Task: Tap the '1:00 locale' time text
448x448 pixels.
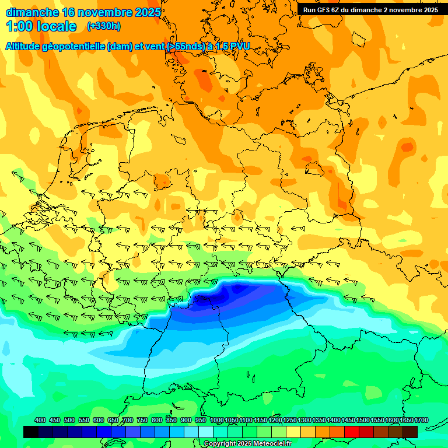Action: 41,26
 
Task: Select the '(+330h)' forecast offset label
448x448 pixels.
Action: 104,26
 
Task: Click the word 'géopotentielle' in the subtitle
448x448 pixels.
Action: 78,46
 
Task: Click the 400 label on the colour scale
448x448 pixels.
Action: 40,420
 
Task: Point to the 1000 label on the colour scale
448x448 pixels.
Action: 216,420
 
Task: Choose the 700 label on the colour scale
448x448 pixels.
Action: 128,420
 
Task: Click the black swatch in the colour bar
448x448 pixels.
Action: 31,432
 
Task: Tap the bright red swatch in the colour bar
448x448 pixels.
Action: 352,432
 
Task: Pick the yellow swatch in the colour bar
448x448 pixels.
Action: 293,432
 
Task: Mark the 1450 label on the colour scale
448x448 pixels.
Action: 348,420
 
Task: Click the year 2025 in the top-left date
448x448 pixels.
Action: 145,12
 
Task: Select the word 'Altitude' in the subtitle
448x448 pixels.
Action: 25,46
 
